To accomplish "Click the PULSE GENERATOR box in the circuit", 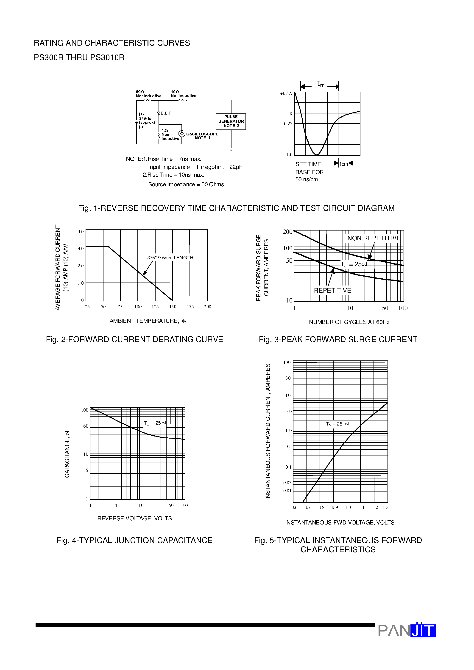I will (x=231, y=121).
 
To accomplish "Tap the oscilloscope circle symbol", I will (x=182, y=134).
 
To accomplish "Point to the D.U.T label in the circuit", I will (x=166, y=113).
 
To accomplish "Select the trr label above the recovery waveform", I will (x=320, y=84).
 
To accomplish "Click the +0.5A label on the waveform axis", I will (x=286, y=94).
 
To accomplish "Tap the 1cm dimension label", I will (x=344, y=164).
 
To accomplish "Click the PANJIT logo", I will (x=407, y=630).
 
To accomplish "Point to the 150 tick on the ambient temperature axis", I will (x=173, y=307).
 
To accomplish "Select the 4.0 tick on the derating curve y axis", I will (x=81, y=232).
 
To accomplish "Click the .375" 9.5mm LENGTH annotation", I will (x=170, y=258).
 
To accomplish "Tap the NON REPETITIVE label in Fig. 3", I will (x=374, y=238).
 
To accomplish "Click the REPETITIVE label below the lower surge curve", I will (x=333, y=291).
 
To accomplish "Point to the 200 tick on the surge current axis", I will (x=287, y=232).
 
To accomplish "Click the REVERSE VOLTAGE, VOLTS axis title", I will (x=134, y=519).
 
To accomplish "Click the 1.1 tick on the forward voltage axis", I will (x=362, y=508).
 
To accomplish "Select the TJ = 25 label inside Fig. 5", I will (x=337, y=424).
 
